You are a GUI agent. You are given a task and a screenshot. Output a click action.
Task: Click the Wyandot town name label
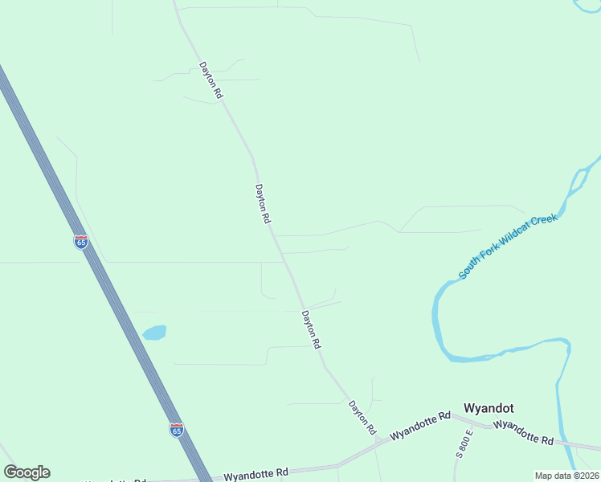tap(488, 408)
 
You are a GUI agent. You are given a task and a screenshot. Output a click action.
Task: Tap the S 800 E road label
tap(464, 443)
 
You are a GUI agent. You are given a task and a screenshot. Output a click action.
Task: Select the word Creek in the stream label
tap(546, 220)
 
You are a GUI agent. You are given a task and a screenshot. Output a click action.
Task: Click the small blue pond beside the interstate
tap(154, 332)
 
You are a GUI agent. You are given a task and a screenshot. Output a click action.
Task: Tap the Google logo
tap(27, 472)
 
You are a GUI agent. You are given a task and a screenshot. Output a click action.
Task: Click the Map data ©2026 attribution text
tap(566, 476)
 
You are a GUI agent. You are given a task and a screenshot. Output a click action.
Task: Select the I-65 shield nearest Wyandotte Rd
tap(177, 430)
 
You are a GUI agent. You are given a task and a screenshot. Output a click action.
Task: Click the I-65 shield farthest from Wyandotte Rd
tap(81, 242)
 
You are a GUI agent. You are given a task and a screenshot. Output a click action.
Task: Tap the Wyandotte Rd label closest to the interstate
tap(256, 474)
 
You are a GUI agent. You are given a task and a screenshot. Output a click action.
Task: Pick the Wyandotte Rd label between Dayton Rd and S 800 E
tap(419, 426)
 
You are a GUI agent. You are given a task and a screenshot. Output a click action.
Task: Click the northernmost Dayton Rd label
tap(211, 80)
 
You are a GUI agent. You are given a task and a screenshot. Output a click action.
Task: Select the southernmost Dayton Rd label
tap(362, 418)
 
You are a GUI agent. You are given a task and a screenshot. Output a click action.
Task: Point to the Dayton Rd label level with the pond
tap(312, 329)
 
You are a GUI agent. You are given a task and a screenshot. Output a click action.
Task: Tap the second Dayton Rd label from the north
tap(263, 204)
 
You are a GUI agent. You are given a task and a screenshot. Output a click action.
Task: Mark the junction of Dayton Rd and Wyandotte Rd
tap(378, 440)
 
